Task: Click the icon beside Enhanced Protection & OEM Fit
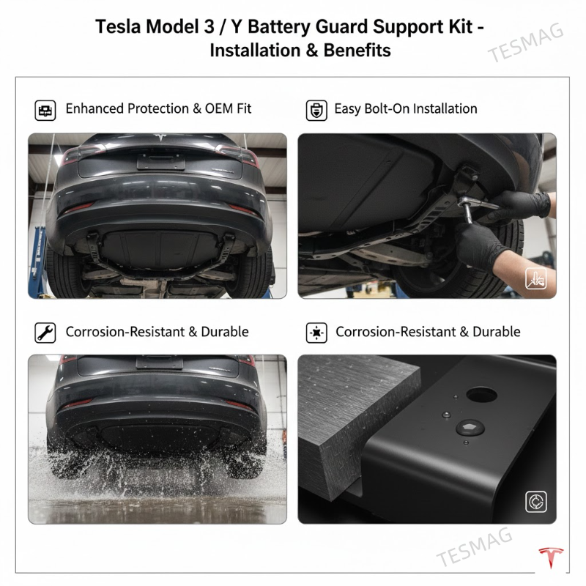click(x=45, y=110)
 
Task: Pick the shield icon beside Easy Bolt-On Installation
click(x=316, y=110)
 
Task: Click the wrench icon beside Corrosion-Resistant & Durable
click(x=45, y=333)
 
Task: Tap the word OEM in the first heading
click(x=211, y=108)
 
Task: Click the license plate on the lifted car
click(x=160, y=159)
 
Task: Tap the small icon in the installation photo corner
click(x=535, y=278)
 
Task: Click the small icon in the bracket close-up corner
click(x=535, y=502)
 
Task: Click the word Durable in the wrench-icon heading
click(x=224, y=332)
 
